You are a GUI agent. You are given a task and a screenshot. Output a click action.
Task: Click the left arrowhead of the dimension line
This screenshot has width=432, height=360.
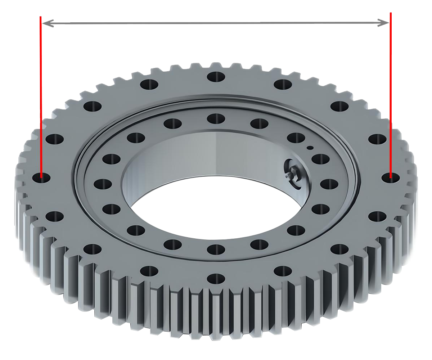[x=45, y=23]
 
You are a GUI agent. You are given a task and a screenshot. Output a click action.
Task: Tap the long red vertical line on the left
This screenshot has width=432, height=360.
[x=41, y=108]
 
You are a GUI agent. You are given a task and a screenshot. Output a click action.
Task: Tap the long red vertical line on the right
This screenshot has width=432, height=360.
[x=391, y=108]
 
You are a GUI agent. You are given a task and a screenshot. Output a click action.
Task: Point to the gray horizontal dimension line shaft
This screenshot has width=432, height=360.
[x=216, y=22]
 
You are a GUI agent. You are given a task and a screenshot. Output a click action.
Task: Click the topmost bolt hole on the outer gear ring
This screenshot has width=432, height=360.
[x=216, y=76]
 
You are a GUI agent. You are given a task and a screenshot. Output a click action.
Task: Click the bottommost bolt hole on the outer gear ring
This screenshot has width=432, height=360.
[x=216, y=278]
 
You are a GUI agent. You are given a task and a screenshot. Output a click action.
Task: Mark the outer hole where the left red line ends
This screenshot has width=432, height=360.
[x=41, y=177]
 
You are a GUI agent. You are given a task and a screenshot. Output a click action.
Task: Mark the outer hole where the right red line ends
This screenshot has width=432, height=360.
[x=391, y=177]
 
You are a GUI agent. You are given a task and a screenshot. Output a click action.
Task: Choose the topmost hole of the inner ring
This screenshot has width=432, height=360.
[x=216, y=118]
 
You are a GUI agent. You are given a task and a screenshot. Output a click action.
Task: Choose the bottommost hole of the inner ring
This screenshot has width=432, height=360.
[x=216, y=248]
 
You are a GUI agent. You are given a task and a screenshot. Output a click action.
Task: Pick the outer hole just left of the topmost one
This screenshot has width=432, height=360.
[x=149, y=85]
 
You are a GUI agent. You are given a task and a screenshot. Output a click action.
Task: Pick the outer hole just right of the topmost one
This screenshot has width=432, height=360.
[x=283, y=85]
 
